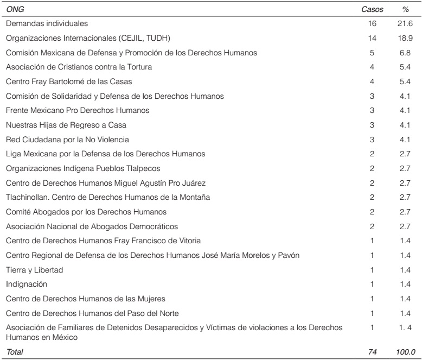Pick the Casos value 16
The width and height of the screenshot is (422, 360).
click(x=372, y=24)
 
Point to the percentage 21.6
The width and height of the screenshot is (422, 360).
click(x=405, y=24)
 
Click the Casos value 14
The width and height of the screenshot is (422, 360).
click(x=372, y=39)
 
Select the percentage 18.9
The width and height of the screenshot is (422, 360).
click(x=405, y=39)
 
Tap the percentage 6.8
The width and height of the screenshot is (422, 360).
click(x=405, y=53)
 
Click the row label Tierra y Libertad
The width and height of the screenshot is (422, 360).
click(x=32, y=269)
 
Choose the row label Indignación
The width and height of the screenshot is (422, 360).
click(x=27, y=284)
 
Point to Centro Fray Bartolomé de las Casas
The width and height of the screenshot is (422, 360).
click(x=69, y=82)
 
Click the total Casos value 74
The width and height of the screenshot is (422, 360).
click(x=372, y=352)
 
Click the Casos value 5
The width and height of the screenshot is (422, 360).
click(x=372, y=53)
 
